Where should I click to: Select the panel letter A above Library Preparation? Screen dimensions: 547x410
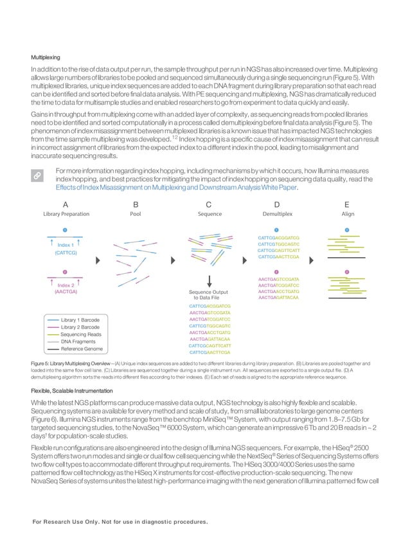point(66,203)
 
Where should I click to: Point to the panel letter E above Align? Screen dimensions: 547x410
point(348,203)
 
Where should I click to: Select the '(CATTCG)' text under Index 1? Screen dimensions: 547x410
point(66,254)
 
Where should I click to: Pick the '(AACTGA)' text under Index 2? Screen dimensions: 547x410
point(66,292)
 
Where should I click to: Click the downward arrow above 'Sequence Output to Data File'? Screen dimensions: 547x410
point(210,281)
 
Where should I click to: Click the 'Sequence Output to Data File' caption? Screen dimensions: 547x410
point(210,295)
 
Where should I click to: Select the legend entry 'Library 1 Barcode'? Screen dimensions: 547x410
point(81,319)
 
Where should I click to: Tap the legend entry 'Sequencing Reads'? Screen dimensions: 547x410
point(81,334)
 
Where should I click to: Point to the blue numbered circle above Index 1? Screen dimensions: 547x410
point(65,230)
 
